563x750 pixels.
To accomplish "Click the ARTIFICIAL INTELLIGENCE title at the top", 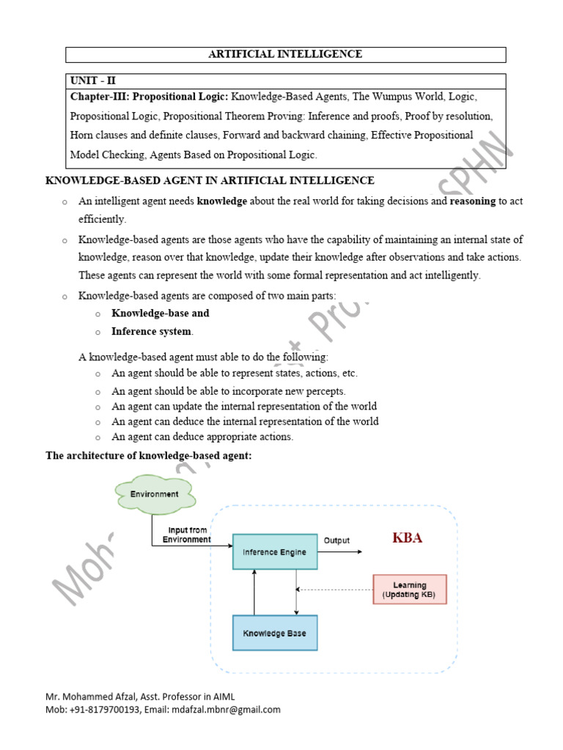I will click(286, 54).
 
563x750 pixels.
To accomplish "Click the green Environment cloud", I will click(155, 494).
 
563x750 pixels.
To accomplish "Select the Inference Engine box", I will click(275, 552).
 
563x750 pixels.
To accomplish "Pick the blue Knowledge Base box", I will click(275, 633).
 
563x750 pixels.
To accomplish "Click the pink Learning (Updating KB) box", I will click(409, 589).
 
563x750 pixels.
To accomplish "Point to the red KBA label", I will click(408, 538).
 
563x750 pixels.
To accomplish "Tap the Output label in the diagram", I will click(336, 541).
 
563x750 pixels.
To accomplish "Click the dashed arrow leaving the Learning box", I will click(334, 589).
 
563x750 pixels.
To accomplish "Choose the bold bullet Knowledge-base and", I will click(160, 313).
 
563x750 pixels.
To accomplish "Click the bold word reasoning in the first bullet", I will click(473, 201).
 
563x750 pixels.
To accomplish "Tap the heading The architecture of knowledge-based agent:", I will click(149, 456).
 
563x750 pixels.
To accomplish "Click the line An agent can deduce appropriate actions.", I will click(202, 437).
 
